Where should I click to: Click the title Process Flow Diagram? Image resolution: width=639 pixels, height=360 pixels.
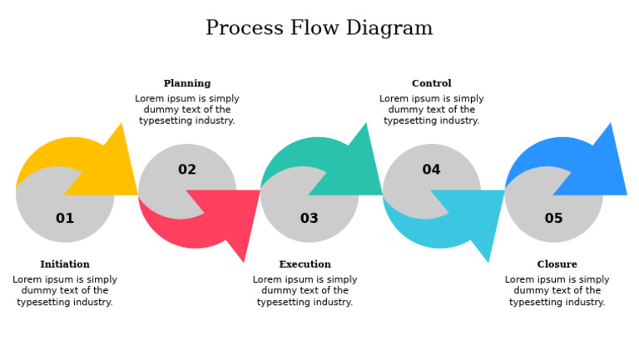coord(319,28)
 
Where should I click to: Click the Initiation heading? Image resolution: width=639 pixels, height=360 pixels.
coord(65,264)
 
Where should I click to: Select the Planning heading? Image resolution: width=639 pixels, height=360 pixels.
coord(187,83)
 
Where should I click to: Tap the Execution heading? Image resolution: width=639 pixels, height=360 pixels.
coord(305,264)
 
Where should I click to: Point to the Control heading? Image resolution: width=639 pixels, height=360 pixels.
coord(431,83)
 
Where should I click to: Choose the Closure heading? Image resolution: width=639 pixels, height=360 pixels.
coord(557,264)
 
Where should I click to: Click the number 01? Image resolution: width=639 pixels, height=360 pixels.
coord(65,219)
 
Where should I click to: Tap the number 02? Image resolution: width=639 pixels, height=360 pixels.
coord(187,170)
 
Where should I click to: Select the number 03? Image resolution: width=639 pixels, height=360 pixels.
coord(309,219)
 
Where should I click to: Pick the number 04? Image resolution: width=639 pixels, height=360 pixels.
coord(431,170)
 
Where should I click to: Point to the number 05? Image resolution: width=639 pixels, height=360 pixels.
coord(553,219)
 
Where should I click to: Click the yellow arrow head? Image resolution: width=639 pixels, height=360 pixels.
coord(112,170)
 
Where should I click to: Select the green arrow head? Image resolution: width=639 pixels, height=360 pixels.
coord(357,170)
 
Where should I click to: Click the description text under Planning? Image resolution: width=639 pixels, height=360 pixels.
coord(187,110)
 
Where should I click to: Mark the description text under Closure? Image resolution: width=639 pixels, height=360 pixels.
coord(557,291)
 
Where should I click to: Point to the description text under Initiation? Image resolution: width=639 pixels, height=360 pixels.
coord(65,291)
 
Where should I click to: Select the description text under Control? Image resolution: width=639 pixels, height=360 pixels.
coord(431,110)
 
